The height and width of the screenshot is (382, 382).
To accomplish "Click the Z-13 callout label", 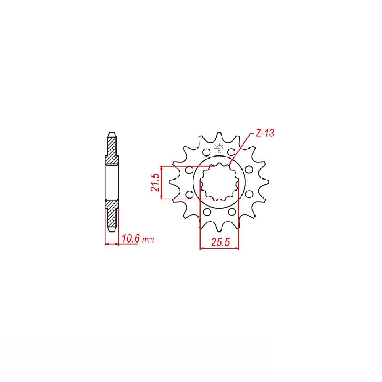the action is pos(265,133).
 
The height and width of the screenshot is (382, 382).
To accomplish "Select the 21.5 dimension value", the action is pos(155,183).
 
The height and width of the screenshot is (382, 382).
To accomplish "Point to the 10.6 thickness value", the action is pos(131,238).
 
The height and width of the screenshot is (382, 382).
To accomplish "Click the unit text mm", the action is pos(148,240).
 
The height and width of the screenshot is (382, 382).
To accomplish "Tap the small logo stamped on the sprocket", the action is pos(219,148).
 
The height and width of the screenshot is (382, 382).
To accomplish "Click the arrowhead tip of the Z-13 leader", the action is pos(230,165).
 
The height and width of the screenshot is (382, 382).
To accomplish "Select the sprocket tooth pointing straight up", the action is pos(219,137).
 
